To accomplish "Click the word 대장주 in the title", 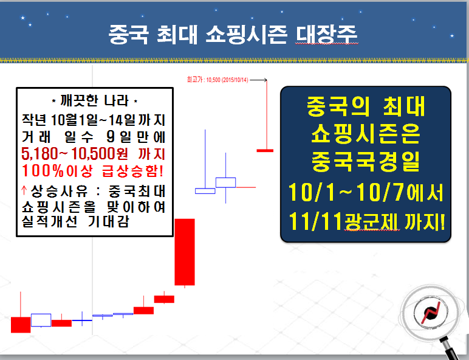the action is tap(327, 35).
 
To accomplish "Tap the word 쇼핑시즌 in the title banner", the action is tap(246, 35).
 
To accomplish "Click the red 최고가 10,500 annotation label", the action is tap(217, 80).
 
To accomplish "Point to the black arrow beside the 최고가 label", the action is tap(258, 80).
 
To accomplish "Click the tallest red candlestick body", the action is tap(185, 252).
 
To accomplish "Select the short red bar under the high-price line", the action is tap(265, 150).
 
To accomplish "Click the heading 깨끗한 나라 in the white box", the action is tap(95, 100).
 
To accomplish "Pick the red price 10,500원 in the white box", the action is tap(100, 154).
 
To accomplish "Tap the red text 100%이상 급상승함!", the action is tap(93, 171).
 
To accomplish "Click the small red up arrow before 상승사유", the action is tap(24, 190).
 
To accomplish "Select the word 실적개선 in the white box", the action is tap(49, 221).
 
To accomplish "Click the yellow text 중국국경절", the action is tap(366, 161).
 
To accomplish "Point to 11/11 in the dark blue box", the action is tap(315, 221).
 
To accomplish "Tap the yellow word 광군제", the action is tap(371, 221).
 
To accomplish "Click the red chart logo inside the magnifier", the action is tap(431, 313).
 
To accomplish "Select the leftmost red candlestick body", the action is tap(21, 325).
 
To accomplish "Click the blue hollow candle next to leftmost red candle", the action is tap(41, 320).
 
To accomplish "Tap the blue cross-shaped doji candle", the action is tap(82, 320).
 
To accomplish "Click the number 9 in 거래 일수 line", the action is tap(111, 137).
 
